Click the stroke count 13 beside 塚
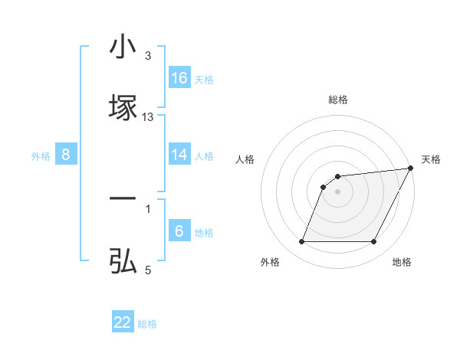tap(148, 116)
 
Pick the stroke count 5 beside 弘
tap(148, 270)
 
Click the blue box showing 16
tap(179, 78)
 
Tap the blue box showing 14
tap(179, 155)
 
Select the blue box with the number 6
tap(179, 231)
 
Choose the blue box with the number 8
tap(66, 155)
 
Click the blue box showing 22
tap(123, 322)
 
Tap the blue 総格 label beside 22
tap(147, 324)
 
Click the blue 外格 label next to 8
tap(41, 156)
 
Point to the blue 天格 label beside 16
tap(204, 80)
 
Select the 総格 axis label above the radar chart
tap(338, 100)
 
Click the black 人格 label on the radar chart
tap(245, 159)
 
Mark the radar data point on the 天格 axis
tap(411, 169)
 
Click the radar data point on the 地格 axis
tap(373, 242)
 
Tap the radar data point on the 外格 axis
tap(301, 242)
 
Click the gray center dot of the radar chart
tap(337, 191)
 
